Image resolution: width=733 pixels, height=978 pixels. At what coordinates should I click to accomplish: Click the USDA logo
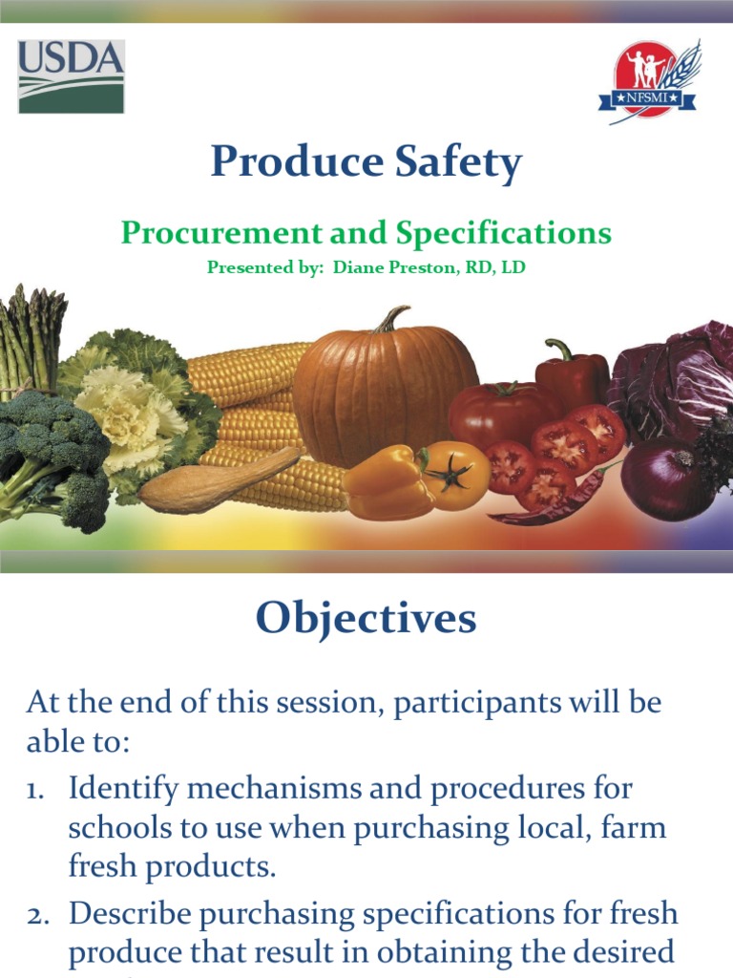(x=72, y=76)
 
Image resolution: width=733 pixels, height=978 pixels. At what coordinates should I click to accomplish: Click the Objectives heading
(x=366, y=620)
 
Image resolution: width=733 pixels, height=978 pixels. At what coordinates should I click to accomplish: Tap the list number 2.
(x=37, y=915)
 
